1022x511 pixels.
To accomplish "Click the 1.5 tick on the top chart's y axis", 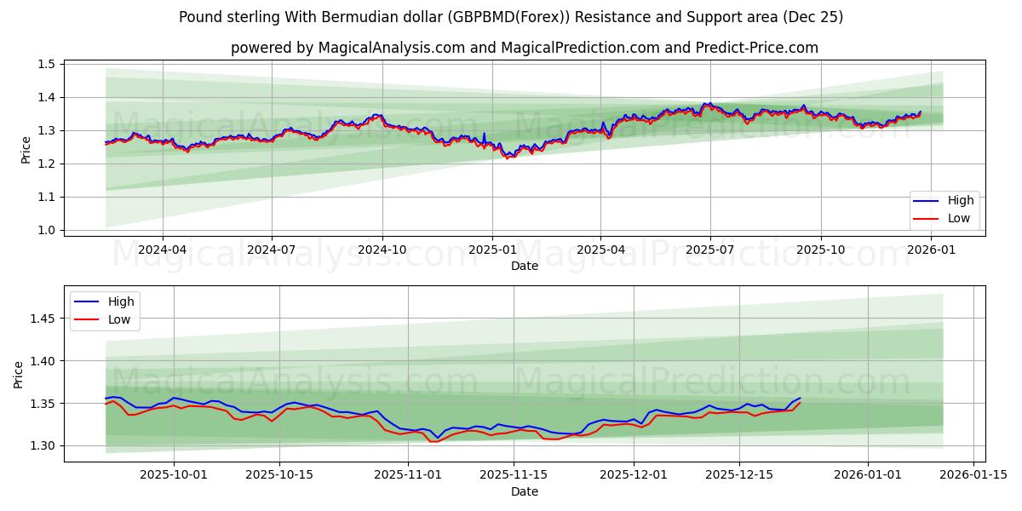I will click(x=47, y=64).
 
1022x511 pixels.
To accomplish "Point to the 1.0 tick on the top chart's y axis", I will click(x=47, y=230).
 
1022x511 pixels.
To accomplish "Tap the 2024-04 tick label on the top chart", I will click(x=162, y=250).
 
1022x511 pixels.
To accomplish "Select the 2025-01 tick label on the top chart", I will click(x=491, y=250).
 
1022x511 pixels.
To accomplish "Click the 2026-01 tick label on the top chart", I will click(x=931, y=250).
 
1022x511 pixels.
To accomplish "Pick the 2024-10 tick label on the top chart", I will click(x=382, y=250).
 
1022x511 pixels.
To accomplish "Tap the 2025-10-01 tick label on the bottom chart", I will click(x=174, y=475).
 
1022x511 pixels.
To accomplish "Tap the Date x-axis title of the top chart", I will click(x=524, y=266).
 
